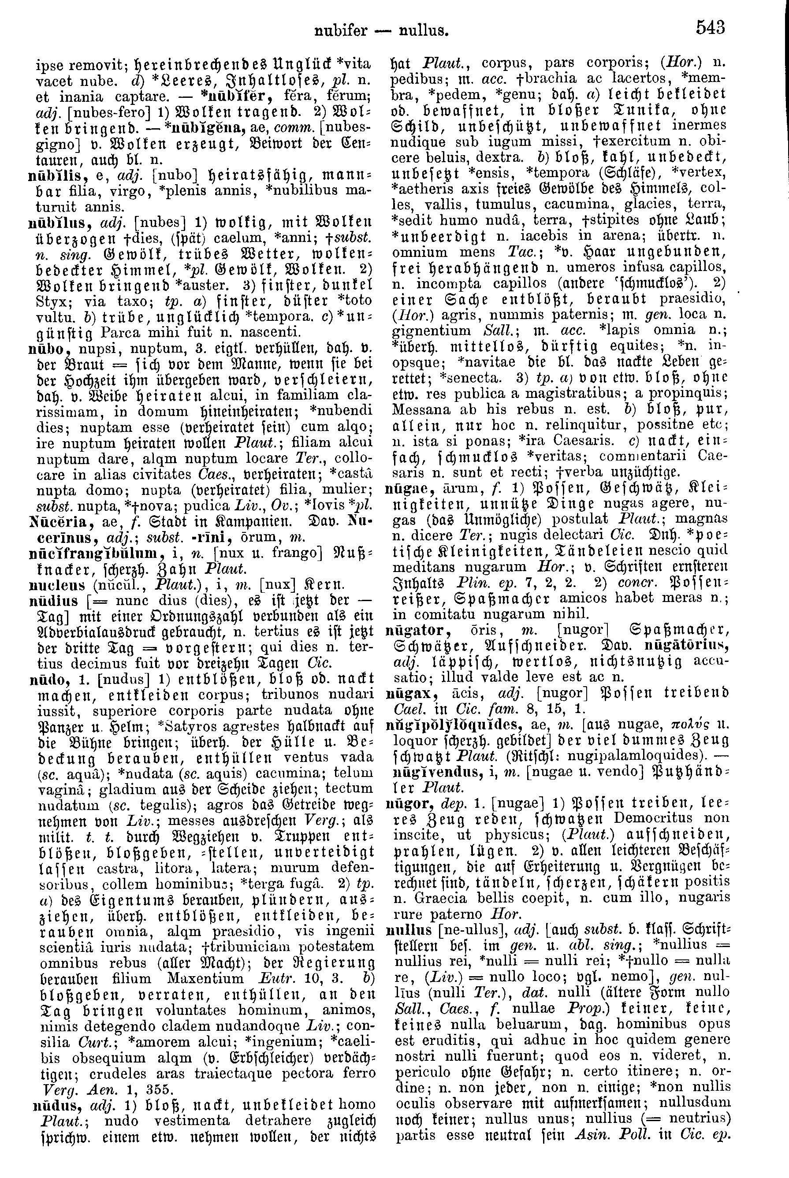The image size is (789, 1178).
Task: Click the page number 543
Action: coord(711,26)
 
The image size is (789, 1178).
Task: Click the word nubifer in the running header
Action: coord(340,31)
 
